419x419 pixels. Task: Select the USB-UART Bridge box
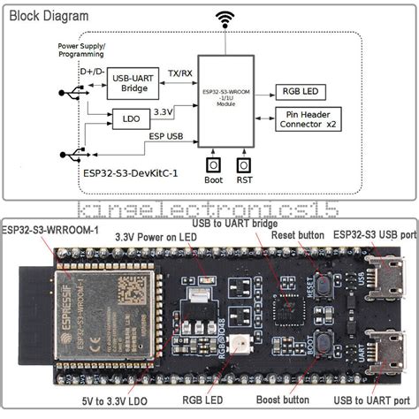pos(133,86)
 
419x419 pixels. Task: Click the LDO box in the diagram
pos(130,118)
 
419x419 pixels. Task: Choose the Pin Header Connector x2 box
pos(309,118)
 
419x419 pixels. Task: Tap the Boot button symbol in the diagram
pos(212,165)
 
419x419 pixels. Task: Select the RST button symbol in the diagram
pos(245,165)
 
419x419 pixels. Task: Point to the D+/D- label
pos(92,70)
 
